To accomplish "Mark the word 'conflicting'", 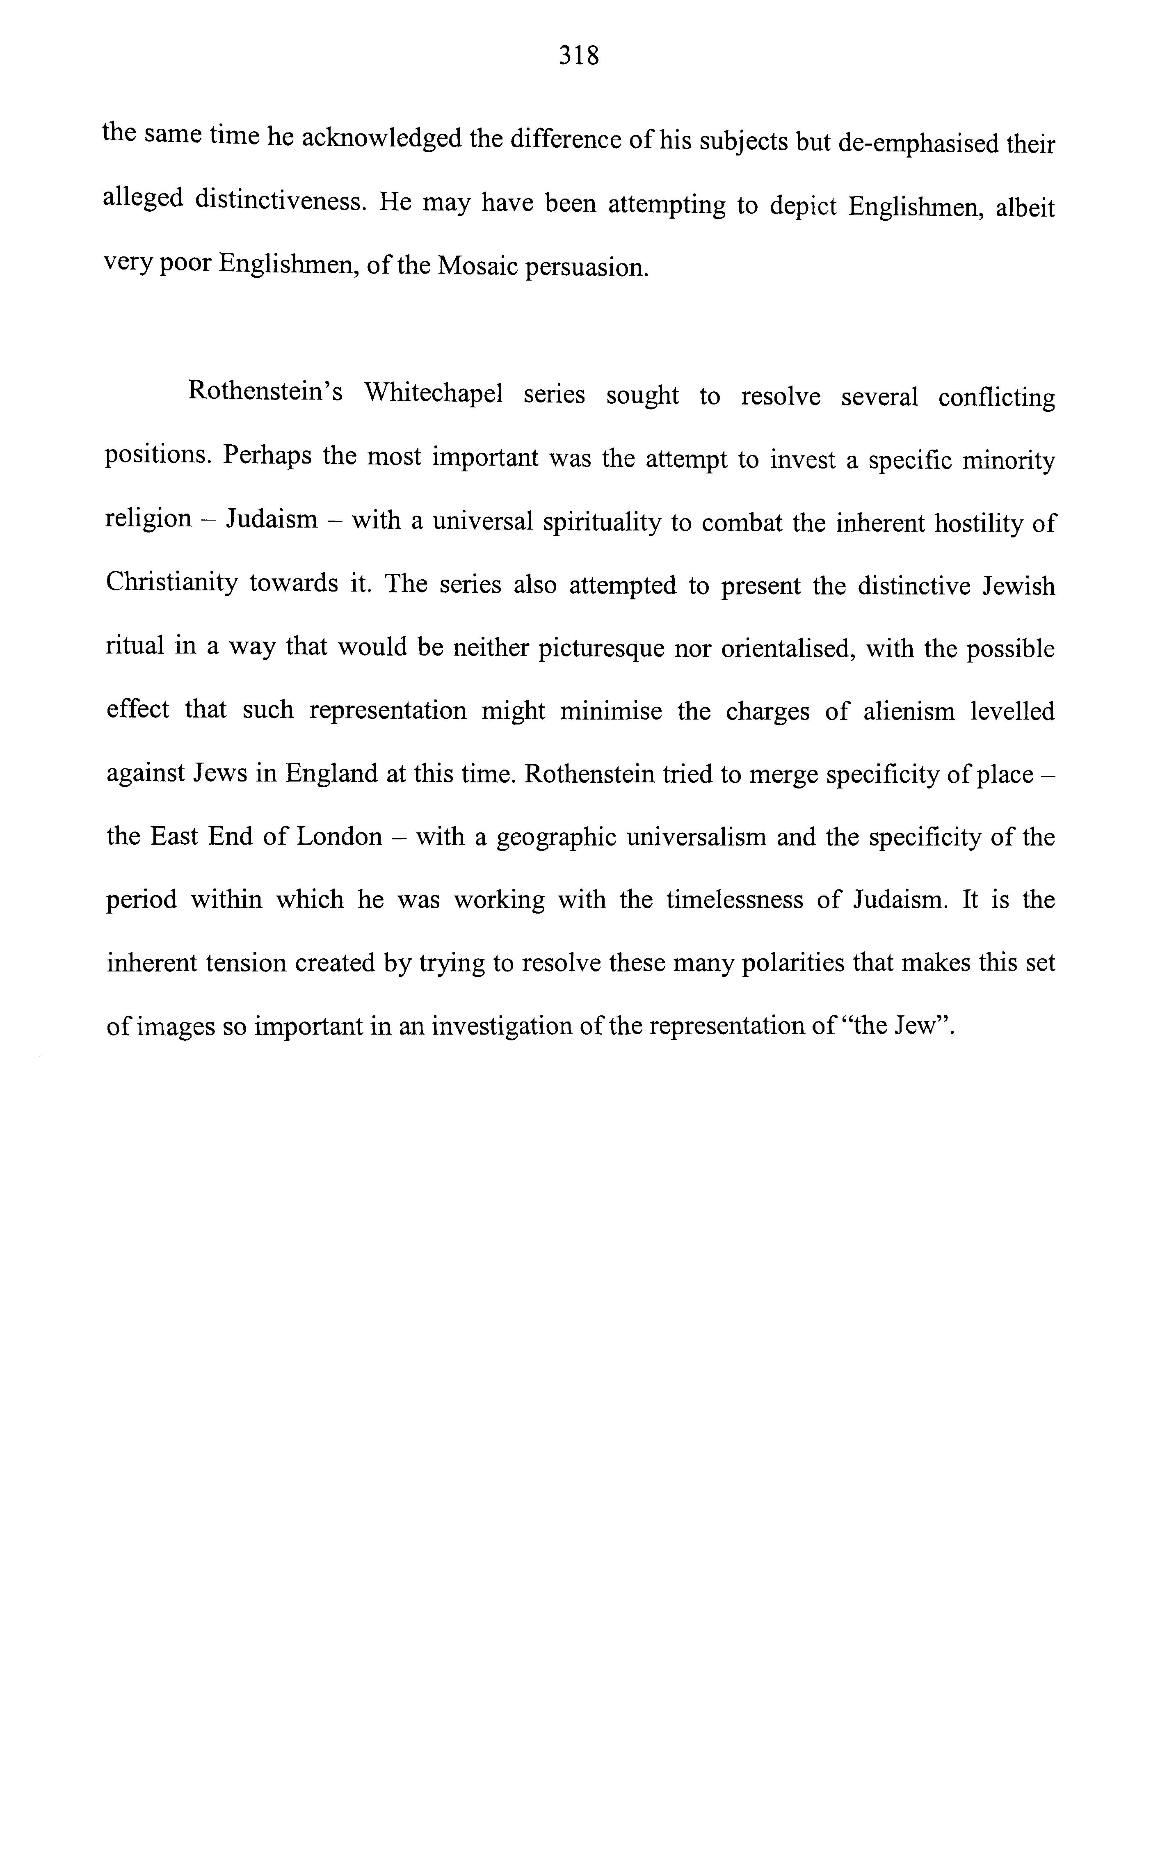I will point(996,398).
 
